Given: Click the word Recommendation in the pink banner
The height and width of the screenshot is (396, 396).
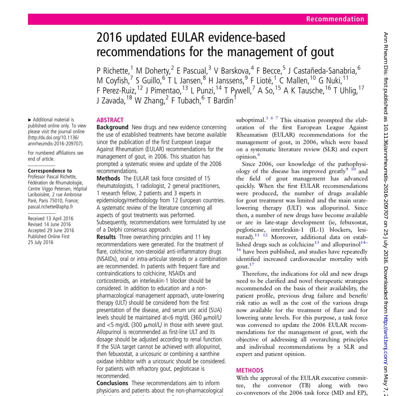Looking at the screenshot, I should click(x=335, y=19).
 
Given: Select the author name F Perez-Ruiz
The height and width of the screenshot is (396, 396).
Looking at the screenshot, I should click(x=116, y=91).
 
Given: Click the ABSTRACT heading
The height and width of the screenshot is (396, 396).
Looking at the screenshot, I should click(x=110, y=120).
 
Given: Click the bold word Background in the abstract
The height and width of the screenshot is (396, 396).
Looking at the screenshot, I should click(x=112, y=128).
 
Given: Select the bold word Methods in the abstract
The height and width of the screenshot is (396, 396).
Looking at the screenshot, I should click(x=108, y=178).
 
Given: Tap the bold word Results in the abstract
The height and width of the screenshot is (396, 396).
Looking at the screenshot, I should click(x=106, y=237).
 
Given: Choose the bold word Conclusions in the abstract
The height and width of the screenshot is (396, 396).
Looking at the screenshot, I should click(x=112, y=383).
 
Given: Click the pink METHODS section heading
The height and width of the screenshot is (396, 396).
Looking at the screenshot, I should click(x=250, y=371).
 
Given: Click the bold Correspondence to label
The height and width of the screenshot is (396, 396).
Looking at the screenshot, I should click(x=50, y=171).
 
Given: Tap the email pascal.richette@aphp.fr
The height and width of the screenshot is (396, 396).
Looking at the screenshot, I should click(x=50, y=207).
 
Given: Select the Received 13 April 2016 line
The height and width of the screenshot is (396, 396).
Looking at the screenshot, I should click(x=51, y=219).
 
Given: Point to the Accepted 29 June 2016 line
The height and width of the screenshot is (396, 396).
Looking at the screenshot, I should click(x=51, y=230).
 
